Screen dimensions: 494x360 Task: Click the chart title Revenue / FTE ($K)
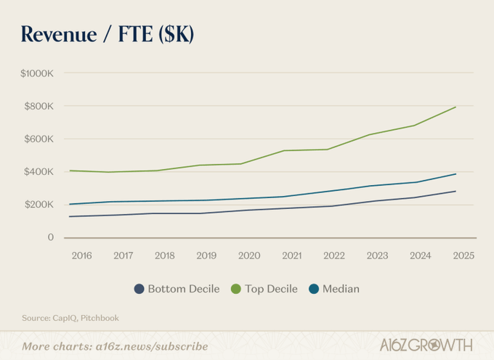point(108,34)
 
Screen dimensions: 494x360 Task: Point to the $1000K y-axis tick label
point(37,73)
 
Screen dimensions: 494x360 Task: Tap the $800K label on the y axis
point(39,106)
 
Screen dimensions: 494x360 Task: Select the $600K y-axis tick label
point(39,139)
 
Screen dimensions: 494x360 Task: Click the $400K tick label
point(39,171)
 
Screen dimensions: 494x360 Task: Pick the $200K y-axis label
point(39,205)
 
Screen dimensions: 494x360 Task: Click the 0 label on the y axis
point(50,237)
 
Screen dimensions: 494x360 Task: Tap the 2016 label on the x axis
point(81,255)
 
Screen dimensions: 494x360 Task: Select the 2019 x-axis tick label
point(206,255)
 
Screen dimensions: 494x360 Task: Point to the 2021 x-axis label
point(292,255)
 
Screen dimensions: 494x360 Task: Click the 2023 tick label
point(377,255)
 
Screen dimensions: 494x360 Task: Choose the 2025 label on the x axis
point(463,255)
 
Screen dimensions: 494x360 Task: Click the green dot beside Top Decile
point(236,289)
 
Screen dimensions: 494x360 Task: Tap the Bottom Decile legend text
point(184,289)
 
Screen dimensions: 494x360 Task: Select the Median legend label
point(341,289)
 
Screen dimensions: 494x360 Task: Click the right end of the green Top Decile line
point(455,107)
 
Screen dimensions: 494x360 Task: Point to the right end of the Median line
point(455,174)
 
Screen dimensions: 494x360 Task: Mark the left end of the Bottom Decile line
point(70,216)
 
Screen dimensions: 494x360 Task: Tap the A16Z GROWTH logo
point(426,345)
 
